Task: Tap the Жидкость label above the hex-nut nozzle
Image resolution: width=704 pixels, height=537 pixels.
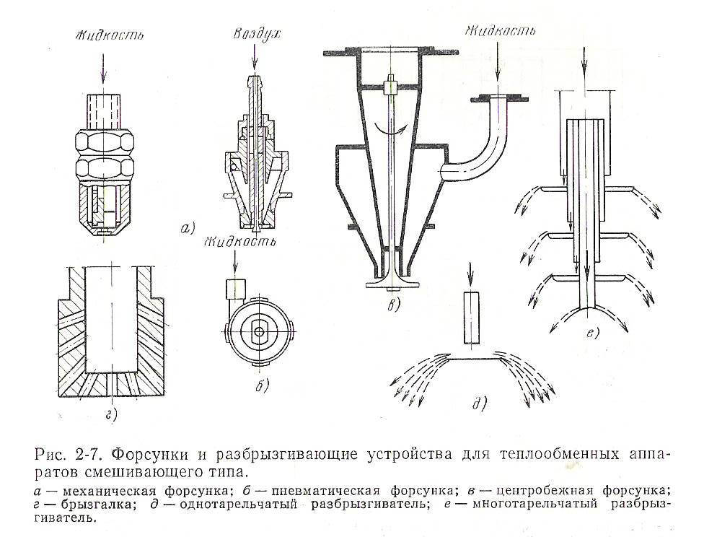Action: pyautogui.click(x=105, y=34)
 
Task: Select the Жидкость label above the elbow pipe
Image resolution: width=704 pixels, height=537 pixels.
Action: pyautogui.click(x=501, y=32)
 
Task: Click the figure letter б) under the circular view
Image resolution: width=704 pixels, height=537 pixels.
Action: pyautogui.click(x=261, y=385)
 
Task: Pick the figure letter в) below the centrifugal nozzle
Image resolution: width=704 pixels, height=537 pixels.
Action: pyautogui.click(x=394, y=305)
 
